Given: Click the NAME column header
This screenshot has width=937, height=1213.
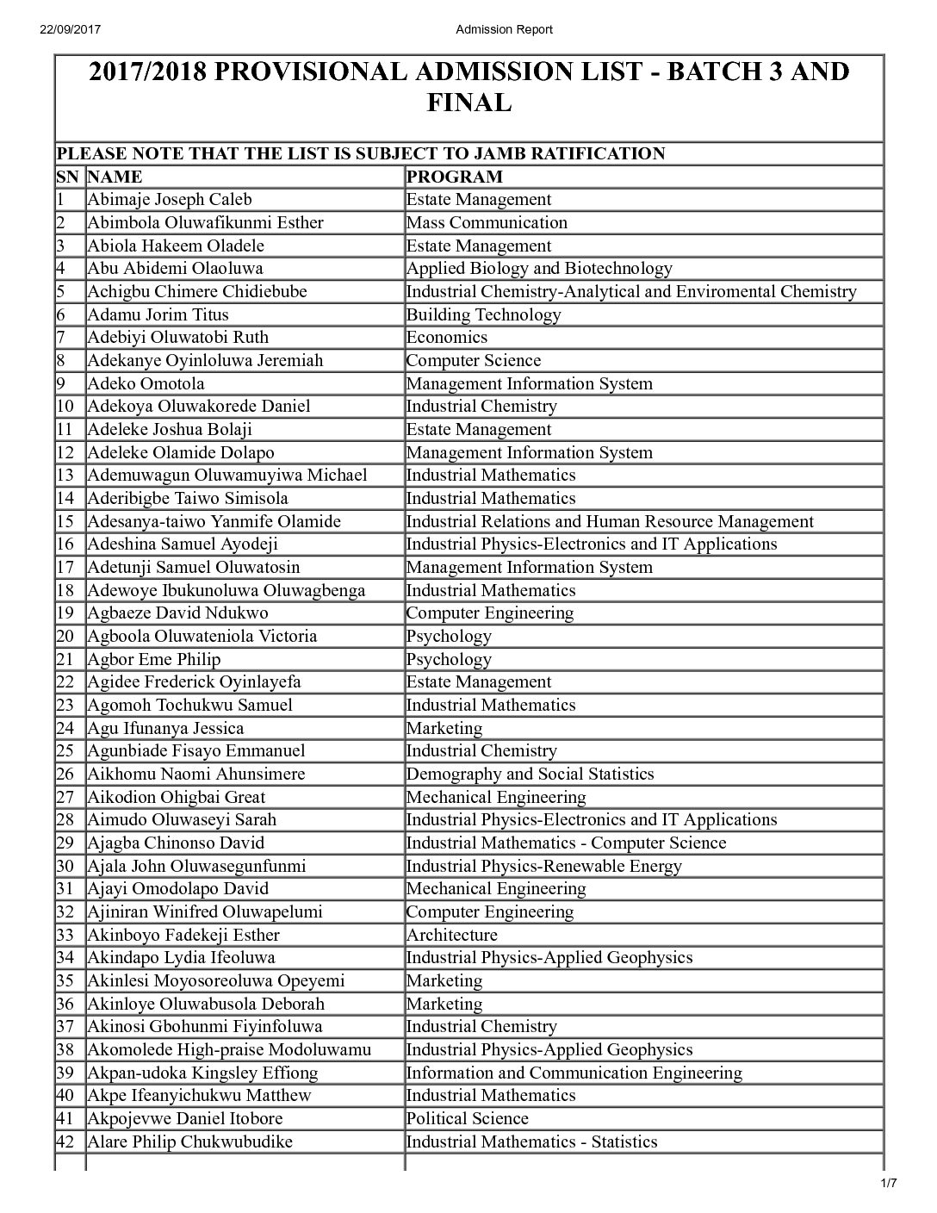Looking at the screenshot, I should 115,177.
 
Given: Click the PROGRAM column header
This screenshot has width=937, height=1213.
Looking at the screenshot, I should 454,177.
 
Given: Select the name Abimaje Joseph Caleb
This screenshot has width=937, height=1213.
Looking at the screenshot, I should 170,200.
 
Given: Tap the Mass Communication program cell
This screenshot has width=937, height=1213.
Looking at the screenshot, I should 487,222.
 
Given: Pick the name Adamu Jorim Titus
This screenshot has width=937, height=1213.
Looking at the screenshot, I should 158,314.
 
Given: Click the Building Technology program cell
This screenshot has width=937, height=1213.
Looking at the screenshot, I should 483,314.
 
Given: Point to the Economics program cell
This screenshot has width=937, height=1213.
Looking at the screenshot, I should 446,338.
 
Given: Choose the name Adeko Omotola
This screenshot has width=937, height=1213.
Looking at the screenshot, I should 146,383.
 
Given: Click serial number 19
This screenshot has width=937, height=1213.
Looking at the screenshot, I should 65,613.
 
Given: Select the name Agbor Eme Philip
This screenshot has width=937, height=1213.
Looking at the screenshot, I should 153,659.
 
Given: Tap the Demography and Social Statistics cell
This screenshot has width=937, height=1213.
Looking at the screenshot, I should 530,774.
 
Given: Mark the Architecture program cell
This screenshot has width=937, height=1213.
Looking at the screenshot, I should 451,935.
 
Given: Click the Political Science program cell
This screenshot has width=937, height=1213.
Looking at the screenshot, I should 467,1118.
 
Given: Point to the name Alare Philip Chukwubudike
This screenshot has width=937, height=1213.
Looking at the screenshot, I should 189,1141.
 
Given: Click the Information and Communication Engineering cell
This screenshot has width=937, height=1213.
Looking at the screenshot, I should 574,1073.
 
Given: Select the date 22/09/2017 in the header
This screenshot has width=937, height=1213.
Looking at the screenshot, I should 71,29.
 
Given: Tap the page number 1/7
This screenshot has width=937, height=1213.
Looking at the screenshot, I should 889,1183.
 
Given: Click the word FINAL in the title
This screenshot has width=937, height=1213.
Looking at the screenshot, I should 469,103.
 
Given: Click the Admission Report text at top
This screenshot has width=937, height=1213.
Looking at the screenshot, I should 504,29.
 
